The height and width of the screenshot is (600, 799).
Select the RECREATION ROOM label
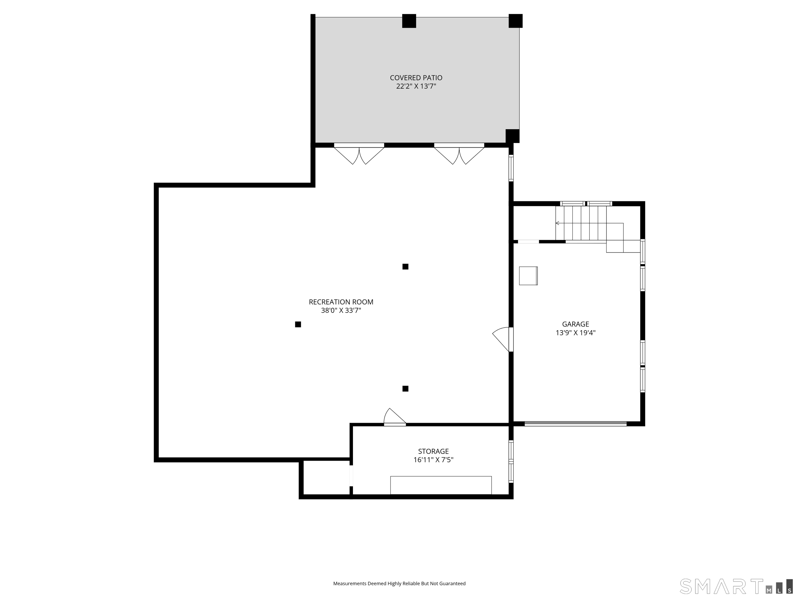click(341, 302)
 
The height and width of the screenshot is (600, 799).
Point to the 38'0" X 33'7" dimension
click(341, 311)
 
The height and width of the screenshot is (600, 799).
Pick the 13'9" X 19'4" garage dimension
click(575, 333)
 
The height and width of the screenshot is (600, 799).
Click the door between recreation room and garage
click(504, 339)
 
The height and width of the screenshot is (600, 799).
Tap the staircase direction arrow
click(558, 223)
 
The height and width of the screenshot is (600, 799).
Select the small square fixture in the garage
click(528, 276)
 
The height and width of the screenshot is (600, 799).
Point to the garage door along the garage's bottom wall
click(575, 423)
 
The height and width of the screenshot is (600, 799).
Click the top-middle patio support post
click(409, 21)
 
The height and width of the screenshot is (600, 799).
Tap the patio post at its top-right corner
click(516, 21)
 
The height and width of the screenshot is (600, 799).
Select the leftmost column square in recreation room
click(298, 324)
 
